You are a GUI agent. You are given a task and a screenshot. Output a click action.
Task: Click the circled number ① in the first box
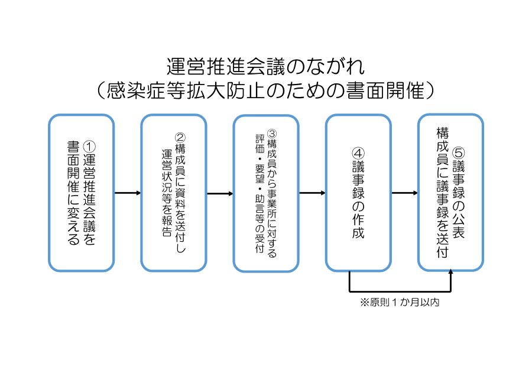pos(89,147)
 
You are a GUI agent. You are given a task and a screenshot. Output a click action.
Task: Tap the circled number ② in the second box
pos(180,137)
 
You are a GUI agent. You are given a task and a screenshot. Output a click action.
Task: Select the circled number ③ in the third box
pos(272,134)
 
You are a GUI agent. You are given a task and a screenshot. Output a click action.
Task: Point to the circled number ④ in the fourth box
pos(358,153)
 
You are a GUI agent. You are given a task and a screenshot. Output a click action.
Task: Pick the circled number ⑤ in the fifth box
pos(458,153)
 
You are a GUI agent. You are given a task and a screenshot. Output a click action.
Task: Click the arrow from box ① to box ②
pos(128,193)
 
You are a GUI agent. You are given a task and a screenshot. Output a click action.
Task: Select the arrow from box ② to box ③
pos(220,194)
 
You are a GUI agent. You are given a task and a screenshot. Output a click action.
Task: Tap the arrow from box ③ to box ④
pos(312,193)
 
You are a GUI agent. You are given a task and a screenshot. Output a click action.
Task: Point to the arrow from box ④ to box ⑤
pos(405,193)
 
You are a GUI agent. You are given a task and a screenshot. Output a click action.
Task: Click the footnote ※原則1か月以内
pos(400,302)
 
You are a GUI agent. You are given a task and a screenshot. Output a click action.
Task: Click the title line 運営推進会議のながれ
pos(265,66)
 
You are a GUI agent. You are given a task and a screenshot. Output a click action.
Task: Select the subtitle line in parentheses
pos(265,90)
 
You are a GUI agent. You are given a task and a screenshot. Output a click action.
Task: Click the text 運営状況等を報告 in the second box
pos(167,193)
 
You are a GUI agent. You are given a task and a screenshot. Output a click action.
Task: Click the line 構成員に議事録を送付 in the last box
pos(442,192)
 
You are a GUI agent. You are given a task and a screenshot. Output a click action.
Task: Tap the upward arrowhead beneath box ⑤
pos(450,271)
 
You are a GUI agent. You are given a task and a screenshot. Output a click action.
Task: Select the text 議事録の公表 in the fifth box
pos(458,199)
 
